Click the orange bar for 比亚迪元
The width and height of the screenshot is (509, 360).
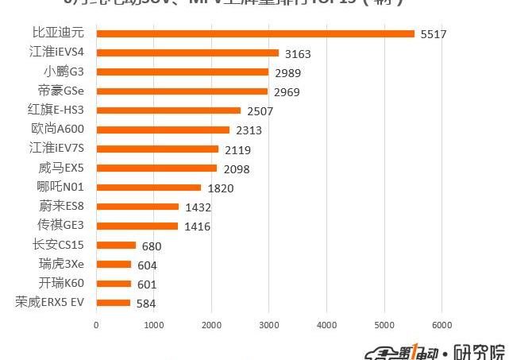254,33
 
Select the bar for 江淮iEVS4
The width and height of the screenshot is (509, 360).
187,53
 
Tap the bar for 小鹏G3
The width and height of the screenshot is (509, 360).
182,72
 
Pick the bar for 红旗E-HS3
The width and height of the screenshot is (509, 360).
168,110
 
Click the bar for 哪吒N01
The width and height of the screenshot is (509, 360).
148,188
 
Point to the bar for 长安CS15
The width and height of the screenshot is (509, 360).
116,245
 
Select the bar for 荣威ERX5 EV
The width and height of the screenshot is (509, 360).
113,303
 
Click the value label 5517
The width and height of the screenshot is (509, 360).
433,34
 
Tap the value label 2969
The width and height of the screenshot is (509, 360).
287,91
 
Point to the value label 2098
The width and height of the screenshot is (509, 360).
237,168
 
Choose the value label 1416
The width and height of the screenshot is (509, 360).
197,226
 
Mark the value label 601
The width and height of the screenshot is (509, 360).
147,284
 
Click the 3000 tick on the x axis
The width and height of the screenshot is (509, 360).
269,324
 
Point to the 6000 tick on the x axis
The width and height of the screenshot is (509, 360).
442,324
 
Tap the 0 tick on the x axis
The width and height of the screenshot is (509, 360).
96,324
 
